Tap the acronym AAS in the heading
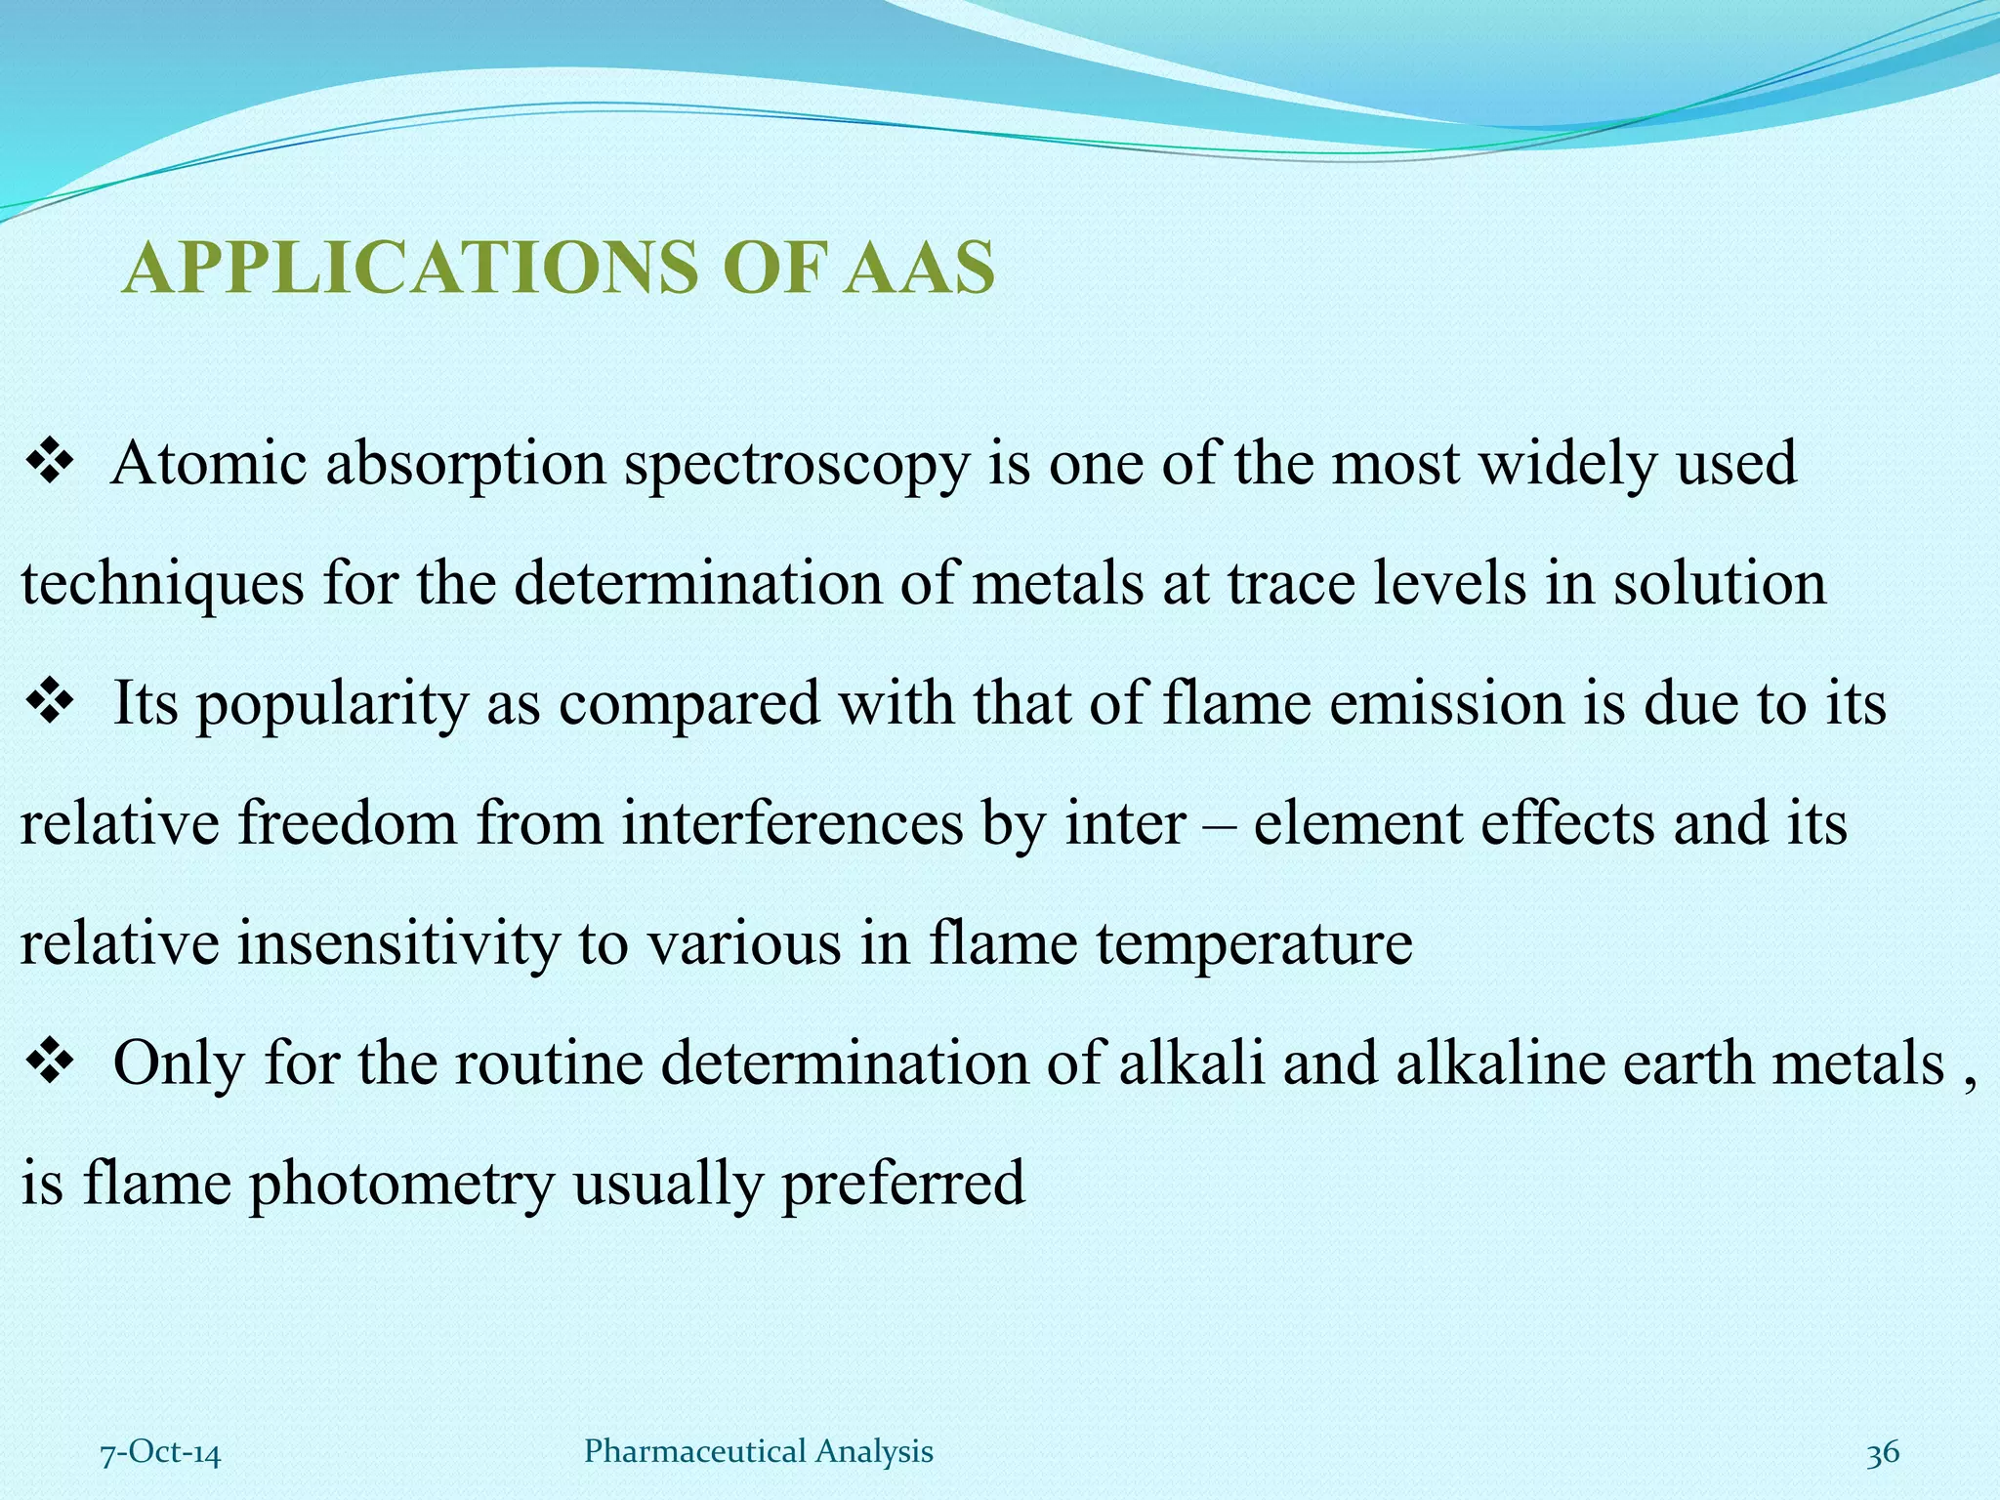[x=918, y=268]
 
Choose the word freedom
[x=347, y=823]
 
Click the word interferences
[x=793, y=823]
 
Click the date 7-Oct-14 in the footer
[x=161, y=1453]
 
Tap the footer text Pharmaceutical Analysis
[x=758, y=1452]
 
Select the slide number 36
[x=1883, y=1453]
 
